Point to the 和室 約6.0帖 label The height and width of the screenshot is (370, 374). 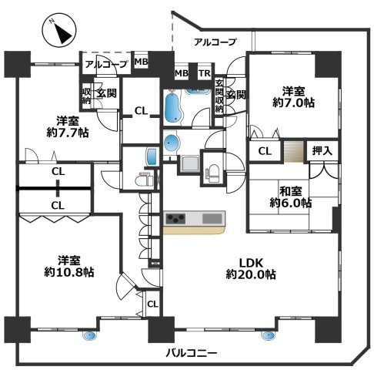pyautogui.click(x=290, y=197)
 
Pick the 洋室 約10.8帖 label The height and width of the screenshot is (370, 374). pyautogui.click(x=68, y=266)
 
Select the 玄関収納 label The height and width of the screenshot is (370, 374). pyautogui.click(x=219, y=96)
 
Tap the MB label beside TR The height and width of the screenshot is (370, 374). pyautogui.click(x=181, y=73)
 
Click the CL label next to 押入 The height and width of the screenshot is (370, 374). pyautogui.click(x=264, y=152)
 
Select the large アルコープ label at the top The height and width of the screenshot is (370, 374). pyautogui.click(x=215, y=42)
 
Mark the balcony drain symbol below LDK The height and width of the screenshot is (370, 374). pyautogui.click(x=269, y=335)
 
